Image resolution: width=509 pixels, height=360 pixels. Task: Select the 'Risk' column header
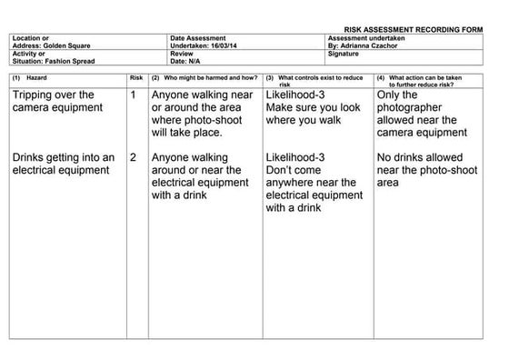tap(137, 78)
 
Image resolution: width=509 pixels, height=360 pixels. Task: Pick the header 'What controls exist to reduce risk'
tap(318, 80)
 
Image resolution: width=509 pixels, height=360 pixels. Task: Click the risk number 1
tap(134, 95)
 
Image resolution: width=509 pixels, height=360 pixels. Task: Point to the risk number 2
tap(134, 157)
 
